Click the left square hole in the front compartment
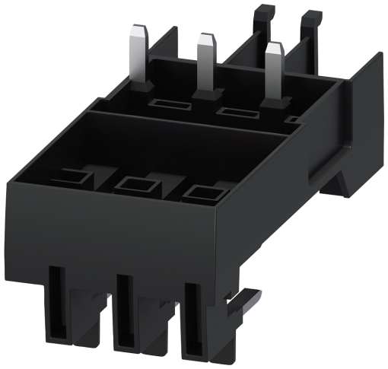click(x=75, y=178)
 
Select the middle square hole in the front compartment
click(x=136, y=185)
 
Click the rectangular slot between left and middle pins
click(x=163, y=103)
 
